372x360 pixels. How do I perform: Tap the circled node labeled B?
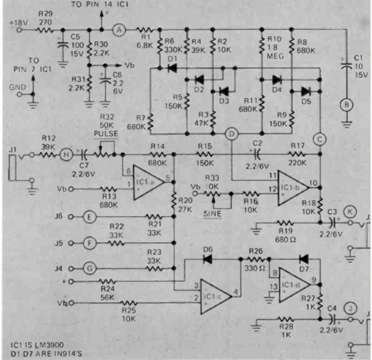click(345, 105)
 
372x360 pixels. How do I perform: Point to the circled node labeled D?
click(231, 134)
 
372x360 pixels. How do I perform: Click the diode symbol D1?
click(172, 68)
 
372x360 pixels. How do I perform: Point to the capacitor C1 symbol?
click(345, 65)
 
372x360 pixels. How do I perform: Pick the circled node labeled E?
click(90, 216)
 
